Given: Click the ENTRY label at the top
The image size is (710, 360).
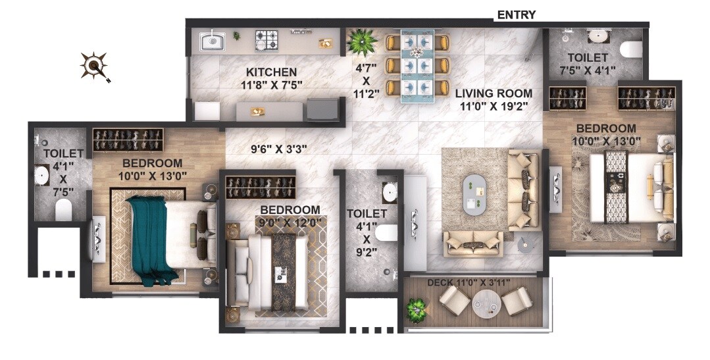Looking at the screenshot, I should tap(516, 14).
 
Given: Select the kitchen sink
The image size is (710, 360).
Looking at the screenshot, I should tap(213, 42).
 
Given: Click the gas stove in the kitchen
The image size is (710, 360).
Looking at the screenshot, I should tap(267, 41).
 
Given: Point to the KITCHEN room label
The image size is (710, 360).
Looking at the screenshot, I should tap(271, 72).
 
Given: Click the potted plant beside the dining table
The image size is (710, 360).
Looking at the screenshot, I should tap(361, 41).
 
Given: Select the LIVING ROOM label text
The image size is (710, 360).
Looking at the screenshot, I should tap(494, 93).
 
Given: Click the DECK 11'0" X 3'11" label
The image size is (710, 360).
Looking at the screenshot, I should tap(469, 282).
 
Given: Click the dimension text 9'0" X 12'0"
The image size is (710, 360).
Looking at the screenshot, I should tap(290, 222).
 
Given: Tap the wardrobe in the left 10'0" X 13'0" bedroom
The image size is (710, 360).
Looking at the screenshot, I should tap(128, 140).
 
